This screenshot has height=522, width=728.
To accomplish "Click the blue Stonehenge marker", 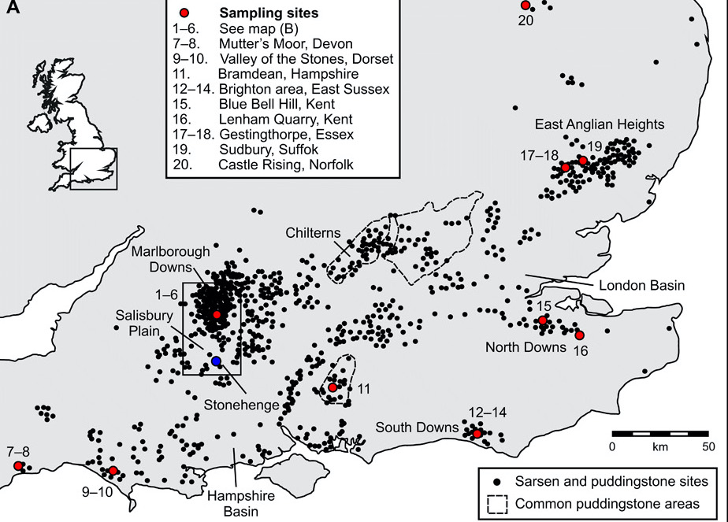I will (x=216, y=361).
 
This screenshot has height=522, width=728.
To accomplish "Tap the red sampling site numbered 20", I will (x=525, y=6).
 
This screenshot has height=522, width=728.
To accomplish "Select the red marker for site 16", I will (x=579, y=335).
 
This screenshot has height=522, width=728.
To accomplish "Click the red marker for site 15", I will (x=542, y=320).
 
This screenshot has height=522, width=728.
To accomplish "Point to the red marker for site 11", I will (x=332, y=387).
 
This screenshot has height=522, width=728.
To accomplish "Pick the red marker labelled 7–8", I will (x=18, y=465).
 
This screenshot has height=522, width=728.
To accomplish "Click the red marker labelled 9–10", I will (x=113, y=471).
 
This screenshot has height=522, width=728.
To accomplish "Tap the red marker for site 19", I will (x=582, y=161).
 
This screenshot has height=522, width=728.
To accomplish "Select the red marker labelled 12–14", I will (x=477, y=433).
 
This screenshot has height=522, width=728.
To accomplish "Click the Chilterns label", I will (x=312, y=232).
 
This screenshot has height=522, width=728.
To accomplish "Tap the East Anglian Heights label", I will (x=599, y=124).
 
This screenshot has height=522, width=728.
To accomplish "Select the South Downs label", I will (x=417, y=428).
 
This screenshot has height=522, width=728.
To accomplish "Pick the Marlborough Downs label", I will (x=171, y=258).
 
